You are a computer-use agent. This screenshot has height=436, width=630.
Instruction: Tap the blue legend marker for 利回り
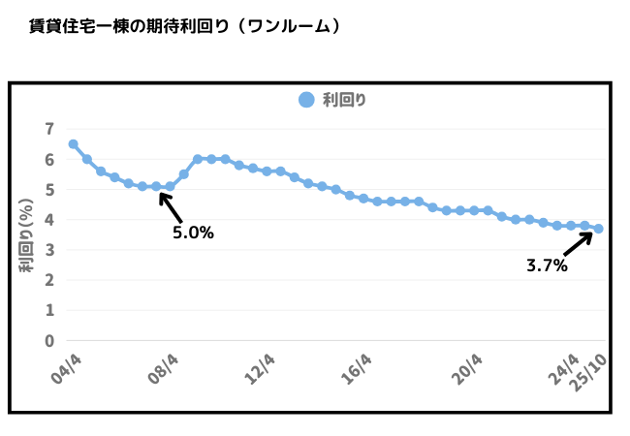coord(306,99)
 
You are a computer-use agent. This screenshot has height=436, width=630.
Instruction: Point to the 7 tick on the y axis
coord(48,129)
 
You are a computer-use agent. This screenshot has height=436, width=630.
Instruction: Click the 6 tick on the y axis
coord(48,160)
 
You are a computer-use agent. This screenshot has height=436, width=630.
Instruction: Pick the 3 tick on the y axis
coord(48,251)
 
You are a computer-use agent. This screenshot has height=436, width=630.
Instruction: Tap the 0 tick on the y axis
coord(48,341)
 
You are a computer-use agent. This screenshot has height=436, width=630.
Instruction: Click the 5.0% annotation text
coord(193,233)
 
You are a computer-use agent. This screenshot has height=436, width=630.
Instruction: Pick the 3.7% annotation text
coord(547,265)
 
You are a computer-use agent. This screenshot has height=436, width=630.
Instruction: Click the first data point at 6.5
coord(74,144)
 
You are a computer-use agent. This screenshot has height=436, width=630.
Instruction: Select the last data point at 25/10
coord(599,229)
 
